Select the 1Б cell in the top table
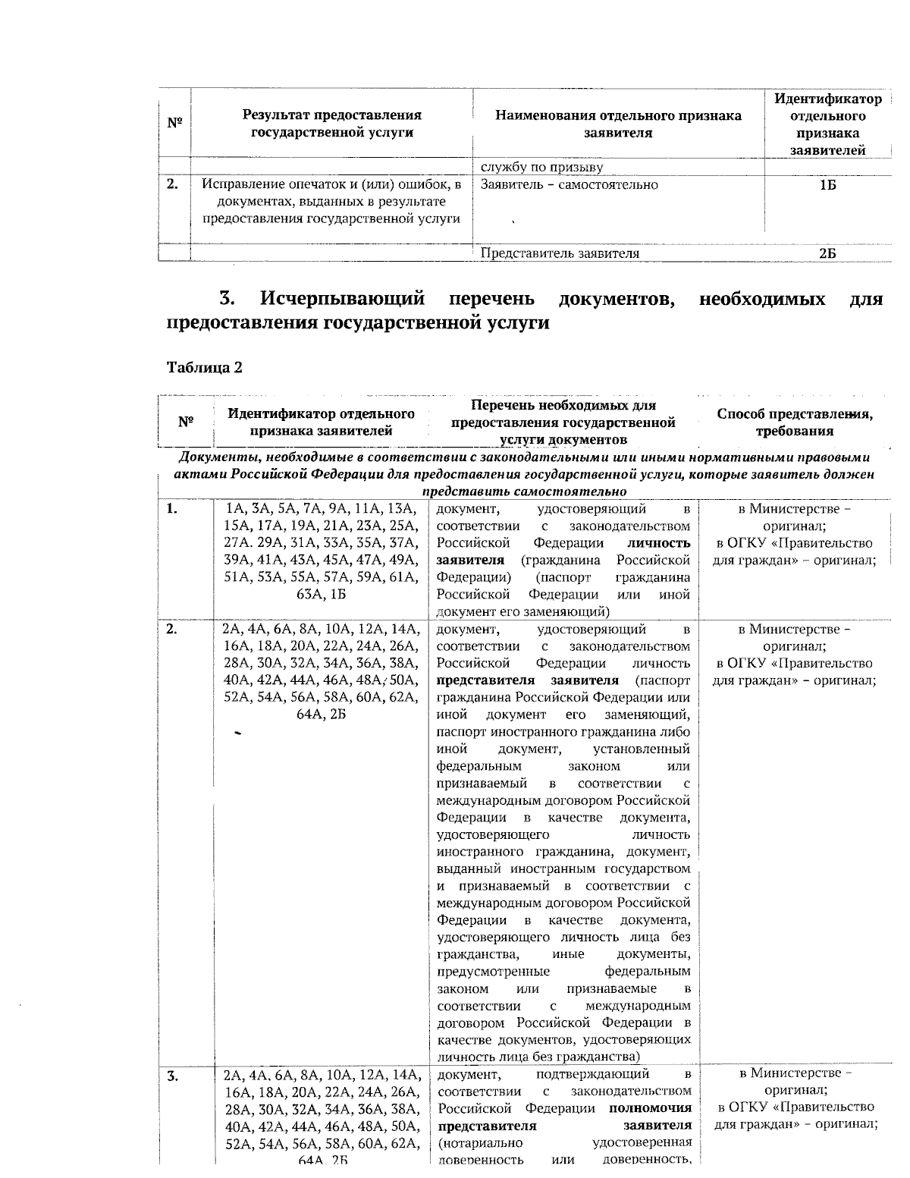pos(827,185)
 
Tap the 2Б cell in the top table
pos(827,253)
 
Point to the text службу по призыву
pos(541,167)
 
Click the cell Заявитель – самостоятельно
pos(569,185)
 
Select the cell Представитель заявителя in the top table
pos(560,253)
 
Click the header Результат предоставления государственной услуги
pos(331,124)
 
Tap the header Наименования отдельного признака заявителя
pos(618,124)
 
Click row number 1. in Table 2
pos(172,509)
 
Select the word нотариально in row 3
pos(480,1143)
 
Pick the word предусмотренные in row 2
pos(494,972)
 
